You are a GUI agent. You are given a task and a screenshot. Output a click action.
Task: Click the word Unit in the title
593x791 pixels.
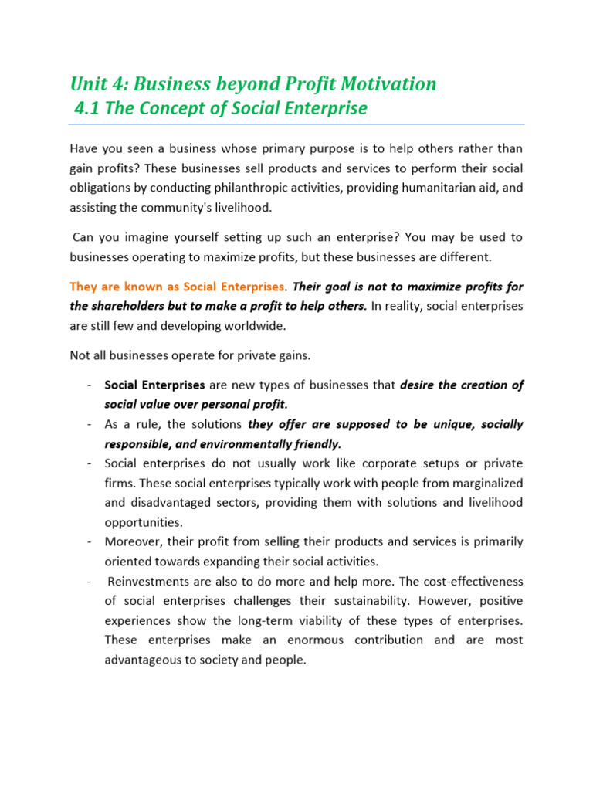[x=87, y=83]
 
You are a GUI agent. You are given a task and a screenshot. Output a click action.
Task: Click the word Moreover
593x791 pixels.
[x=131, y=541]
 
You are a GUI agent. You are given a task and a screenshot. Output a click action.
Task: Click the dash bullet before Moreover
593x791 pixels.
[x=91, y=541]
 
